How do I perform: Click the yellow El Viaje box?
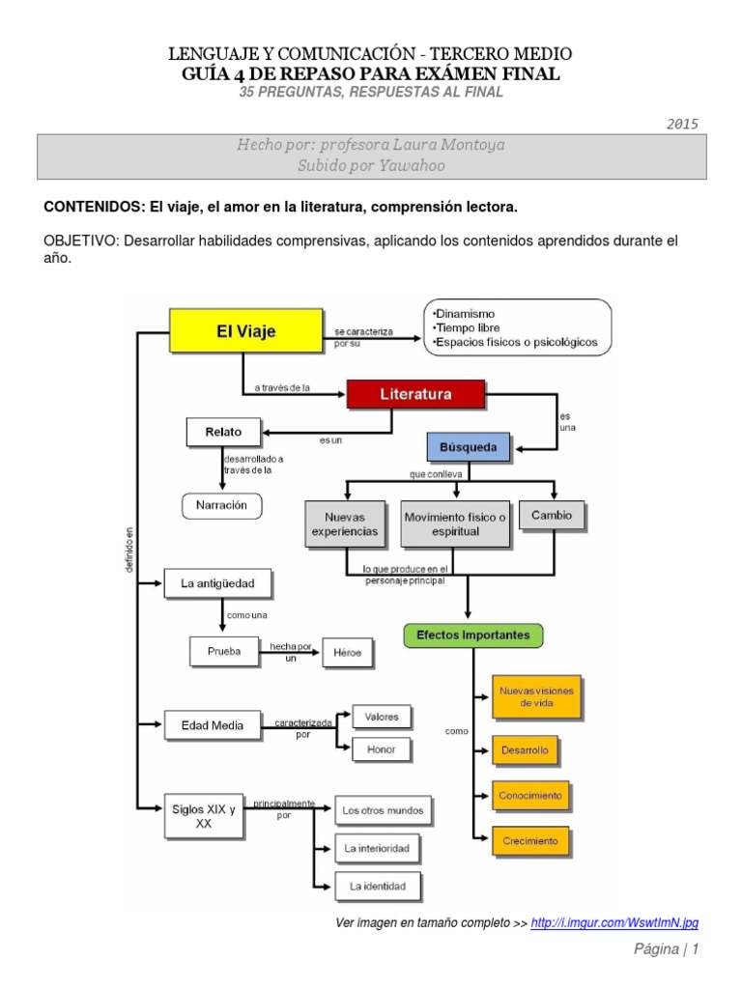pos(245,330)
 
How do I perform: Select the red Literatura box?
pos(415,394)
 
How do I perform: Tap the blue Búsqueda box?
pos(469,447)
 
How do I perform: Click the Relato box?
pos(223,432)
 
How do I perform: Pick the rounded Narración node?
pos(221,504)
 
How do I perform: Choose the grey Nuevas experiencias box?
pos(345,524)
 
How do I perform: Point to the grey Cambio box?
pos(552,516)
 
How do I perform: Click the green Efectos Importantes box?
pos(472,636)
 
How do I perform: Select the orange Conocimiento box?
pos(529,796)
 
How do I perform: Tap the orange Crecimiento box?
pos(529,841)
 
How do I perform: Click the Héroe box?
pos(347,654)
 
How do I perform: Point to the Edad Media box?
pos(212,724)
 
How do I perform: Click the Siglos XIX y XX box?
pos(203,817)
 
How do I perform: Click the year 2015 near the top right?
pos(682,124)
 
